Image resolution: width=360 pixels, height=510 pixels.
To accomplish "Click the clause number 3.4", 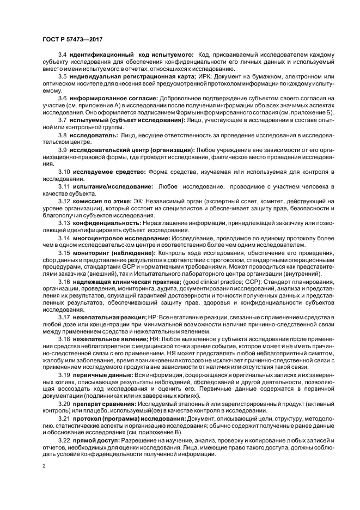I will click(62, 55).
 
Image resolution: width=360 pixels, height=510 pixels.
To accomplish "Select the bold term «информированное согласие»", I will click(114, 98).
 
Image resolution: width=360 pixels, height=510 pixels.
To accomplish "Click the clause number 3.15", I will click(64, 253).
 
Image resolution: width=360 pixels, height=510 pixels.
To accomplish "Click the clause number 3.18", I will click(64, 338).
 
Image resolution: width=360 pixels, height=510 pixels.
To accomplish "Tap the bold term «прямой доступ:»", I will click(91, 439).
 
